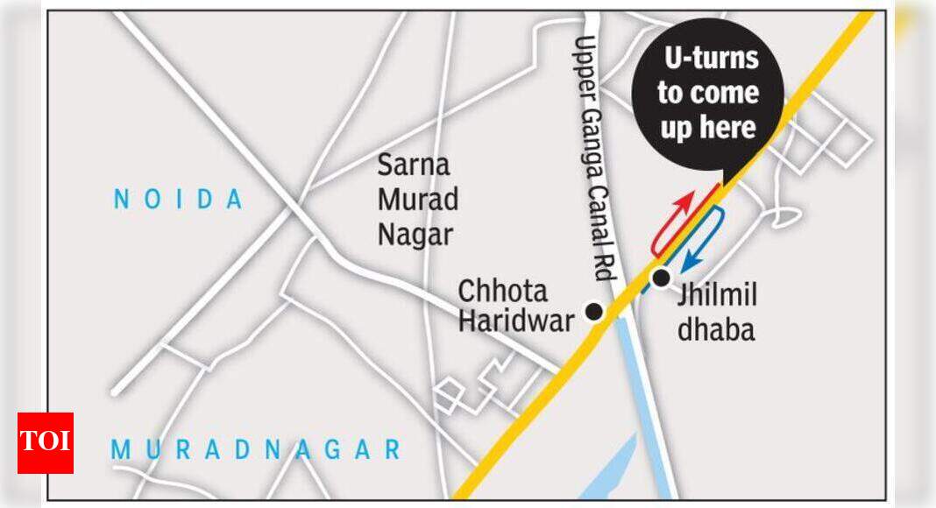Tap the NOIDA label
pyautogui.click(x=178, y=200)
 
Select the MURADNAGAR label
pyautogui.click(x=255, y=450)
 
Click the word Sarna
pyautogui.click(x=414, y=165)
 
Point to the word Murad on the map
pyautogui.click(x=418, y=200)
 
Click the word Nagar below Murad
pyautogui.click(x=415, y=235)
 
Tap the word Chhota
pyautogui.click(x=503, y=291)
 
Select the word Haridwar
pyautogui.click(x=516, y=321)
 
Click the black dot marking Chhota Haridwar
pyautogui.click(x=594, y=311)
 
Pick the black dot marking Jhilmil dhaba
pyautogui.click(x=661, y=278)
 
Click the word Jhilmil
pyautogui.click(x=716, y=296)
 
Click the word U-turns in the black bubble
pyautogui.click(x=710, y=60)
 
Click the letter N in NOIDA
pyautogui.click(x=122, y=200)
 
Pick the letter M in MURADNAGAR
pyautogui.click(x=121, y=450)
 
